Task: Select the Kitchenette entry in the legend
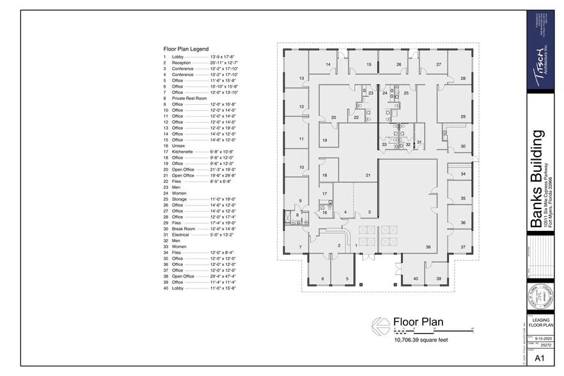(x=184, y=152)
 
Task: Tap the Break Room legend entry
(x=184, y=229)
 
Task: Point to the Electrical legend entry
(x=182, y=235)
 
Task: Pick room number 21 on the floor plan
(x=368, y=175)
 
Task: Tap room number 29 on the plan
(x=462, y=116)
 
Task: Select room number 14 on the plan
(x=328, y=65)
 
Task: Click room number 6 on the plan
(x=323, y=279)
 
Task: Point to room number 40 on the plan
(x=415, y=279)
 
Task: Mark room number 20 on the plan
(x=333, y=118)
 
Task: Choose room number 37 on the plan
(x=462, y=246)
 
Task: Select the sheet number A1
(x=538, y=358)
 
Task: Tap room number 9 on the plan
(x=299, y=201)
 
